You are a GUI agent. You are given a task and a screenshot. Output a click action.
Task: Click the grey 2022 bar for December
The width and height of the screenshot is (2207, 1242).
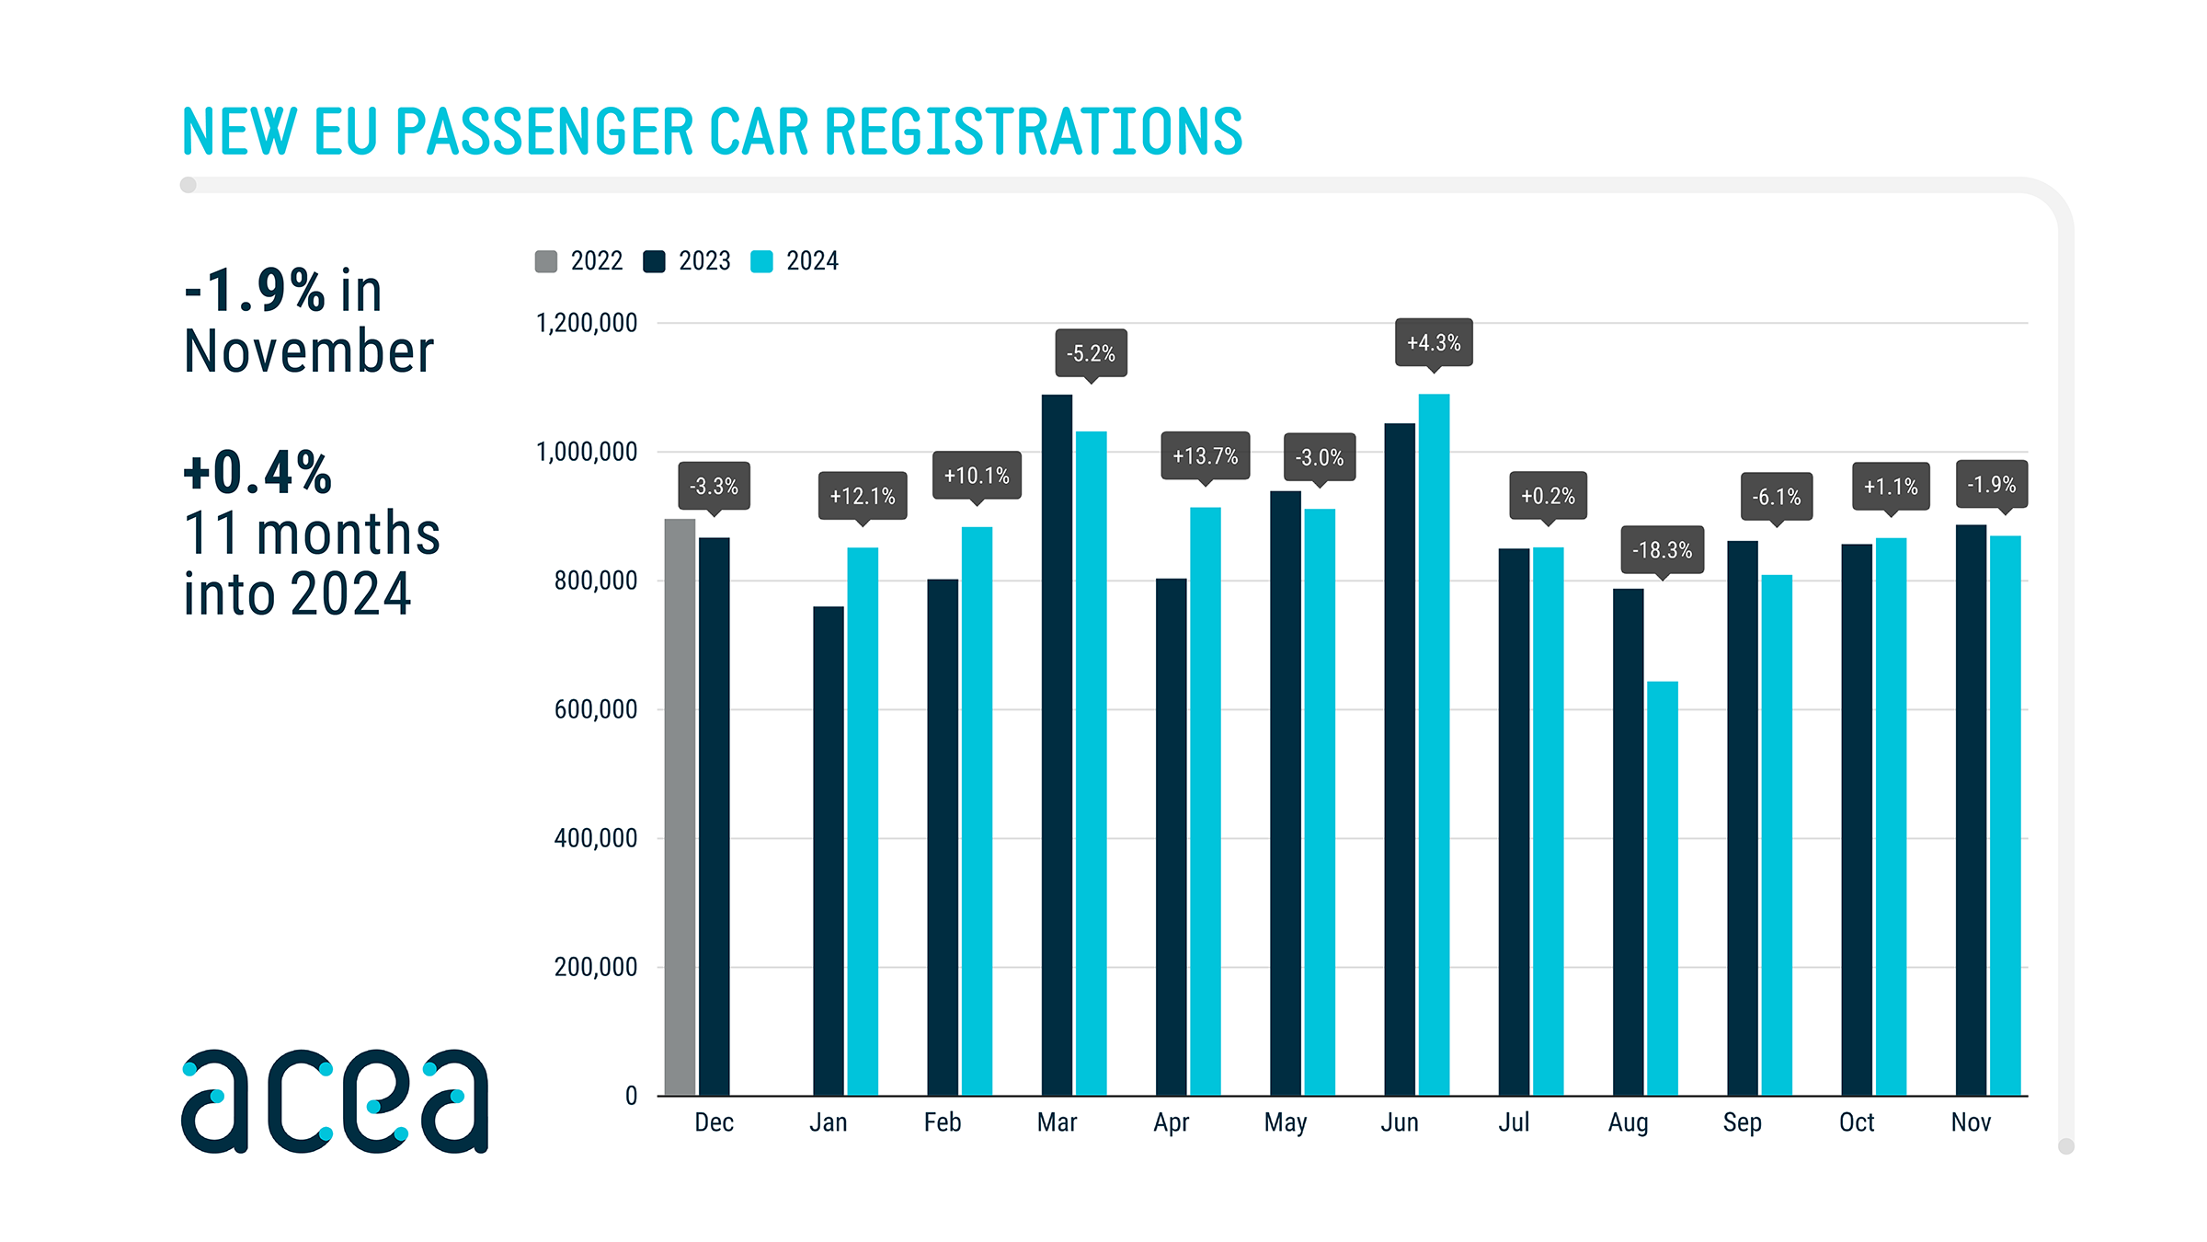680,807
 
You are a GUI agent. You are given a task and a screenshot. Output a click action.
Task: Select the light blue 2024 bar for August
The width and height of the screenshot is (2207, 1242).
1662,888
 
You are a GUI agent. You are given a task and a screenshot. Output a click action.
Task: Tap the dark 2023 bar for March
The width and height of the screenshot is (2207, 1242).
1057,745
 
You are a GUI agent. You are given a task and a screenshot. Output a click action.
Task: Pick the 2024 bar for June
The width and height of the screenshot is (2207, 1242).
1434,745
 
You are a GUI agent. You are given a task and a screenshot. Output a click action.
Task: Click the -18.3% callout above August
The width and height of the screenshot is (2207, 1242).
1662,549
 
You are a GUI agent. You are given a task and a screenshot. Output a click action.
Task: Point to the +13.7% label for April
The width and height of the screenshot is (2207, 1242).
1205,455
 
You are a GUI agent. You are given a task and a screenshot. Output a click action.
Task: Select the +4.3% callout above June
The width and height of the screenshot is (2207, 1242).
1434,342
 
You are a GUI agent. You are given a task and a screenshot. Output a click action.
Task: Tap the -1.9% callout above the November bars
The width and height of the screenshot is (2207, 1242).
1991,484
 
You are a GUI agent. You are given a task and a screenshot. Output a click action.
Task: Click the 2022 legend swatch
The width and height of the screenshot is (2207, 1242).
546,261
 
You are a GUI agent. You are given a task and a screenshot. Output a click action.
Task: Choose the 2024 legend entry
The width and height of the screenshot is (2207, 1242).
795,261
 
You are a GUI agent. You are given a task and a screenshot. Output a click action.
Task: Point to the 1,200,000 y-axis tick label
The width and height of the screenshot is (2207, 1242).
586,323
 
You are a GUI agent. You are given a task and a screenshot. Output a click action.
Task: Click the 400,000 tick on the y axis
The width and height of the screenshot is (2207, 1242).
595,838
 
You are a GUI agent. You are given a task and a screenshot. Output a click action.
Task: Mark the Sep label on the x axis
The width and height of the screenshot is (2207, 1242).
1742,1122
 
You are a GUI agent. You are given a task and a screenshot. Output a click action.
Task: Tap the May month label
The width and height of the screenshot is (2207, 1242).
1285,1122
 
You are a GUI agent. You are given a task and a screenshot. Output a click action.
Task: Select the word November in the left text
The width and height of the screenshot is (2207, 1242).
309,351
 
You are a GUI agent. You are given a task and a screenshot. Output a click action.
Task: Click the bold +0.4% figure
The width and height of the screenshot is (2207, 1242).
257,473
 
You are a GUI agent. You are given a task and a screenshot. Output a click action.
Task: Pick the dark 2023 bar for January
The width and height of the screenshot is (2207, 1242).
828,851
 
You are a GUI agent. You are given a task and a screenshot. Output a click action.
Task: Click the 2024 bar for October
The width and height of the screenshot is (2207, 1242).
1891,817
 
